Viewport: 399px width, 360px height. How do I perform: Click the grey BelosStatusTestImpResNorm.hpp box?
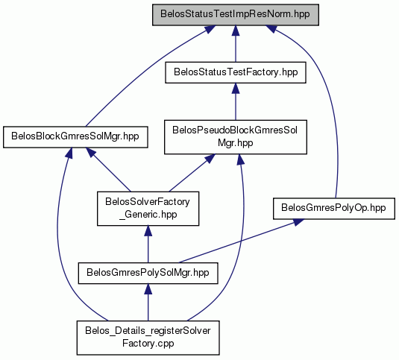tap(236, 14)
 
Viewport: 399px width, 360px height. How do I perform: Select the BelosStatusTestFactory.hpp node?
tap(236, 72)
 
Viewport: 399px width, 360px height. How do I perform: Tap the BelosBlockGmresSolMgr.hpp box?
tap(75, 137)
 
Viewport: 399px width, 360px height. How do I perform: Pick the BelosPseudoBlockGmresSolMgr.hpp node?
tap(236, 137)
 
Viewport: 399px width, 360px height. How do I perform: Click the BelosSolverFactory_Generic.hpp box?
tap(148, 208)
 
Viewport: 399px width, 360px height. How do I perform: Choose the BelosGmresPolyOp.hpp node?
tap(333, 208)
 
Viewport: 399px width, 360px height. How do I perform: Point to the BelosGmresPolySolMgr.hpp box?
tap(148, 273)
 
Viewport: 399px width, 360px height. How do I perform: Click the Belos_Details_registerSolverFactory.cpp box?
tap(148, 338)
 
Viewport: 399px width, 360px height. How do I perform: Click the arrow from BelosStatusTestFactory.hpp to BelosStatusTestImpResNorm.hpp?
tap(236, 43)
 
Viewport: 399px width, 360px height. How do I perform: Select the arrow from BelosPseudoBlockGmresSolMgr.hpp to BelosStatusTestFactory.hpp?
tap(236, 101)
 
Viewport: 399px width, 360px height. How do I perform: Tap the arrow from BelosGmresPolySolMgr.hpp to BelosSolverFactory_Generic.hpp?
tap(148, 244)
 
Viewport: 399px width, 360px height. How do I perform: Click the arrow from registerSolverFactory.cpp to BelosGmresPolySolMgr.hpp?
tap(148, 303)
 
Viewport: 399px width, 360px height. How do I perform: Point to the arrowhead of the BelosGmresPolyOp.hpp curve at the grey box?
tap(271, 28)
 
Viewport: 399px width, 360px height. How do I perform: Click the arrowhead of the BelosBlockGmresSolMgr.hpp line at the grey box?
tap(210, 29)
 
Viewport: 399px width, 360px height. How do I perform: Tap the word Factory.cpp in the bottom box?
tap(148, 344)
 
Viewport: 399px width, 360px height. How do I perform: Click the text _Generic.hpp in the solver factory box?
tap(148, 215)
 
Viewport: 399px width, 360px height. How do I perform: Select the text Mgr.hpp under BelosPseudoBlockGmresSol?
tap(236, 143)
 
